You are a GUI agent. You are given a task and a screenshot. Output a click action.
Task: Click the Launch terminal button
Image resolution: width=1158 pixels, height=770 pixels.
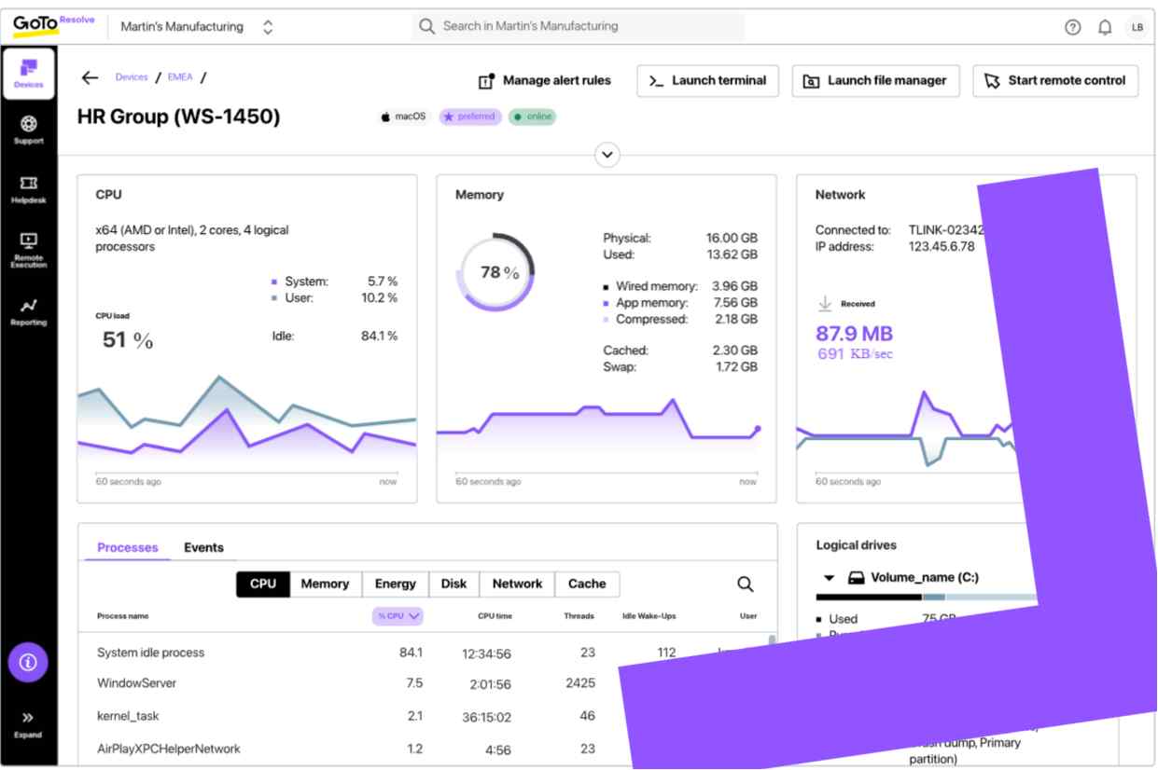coord(707,81)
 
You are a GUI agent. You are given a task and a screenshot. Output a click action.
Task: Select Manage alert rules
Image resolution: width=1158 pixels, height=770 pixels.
coord(545,81)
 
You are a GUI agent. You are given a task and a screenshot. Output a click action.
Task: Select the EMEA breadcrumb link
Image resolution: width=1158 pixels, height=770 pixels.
coord(180,77)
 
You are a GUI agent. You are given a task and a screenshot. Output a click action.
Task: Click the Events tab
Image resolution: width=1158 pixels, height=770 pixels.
coord(203,547)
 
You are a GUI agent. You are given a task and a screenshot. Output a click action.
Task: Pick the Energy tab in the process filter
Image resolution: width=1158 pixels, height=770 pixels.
coord(395,584)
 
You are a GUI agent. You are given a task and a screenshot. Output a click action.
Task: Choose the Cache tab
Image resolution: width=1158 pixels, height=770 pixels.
coord(587,584)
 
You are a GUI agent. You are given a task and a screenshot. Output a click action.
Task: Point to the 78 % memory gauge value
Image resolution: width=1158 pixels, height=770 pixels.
coord(499,273)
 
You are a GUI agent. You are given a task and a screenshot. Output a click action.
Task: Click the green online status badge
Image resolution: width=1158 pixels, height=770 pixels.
coord(532,117)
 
